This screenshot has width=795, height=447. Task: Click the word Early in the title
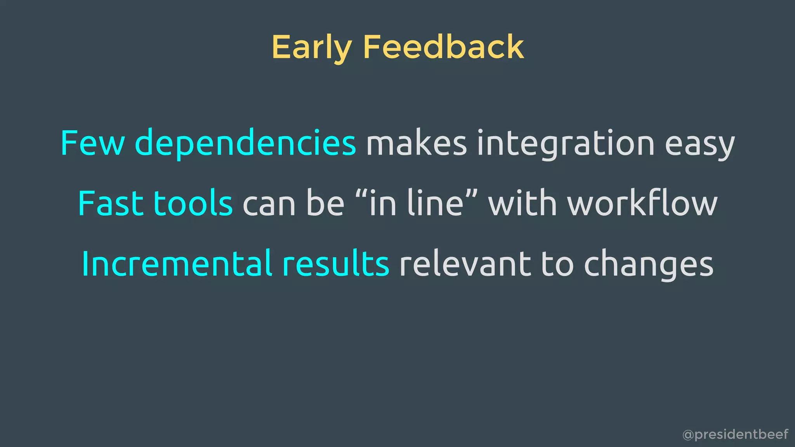point(311,47)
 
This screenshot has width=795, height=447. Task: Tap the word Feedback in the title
point(443,47)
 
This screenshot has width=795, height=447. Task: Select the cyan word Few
point(92,143)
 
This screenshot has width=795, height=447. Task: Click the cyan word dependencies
point(245,143)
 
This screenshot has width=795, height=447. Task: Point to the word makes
point(416,143)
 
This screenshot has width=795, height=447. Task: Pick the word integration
point(566,143)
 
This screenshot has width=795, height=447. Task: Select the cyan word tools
point(193,203)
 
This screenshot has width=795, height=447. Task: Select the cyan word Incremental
point(177,264)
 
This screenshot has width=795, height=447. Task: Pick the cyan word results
point(336,264)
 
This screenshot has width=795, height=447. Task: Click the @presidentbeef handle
point(735,434)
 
